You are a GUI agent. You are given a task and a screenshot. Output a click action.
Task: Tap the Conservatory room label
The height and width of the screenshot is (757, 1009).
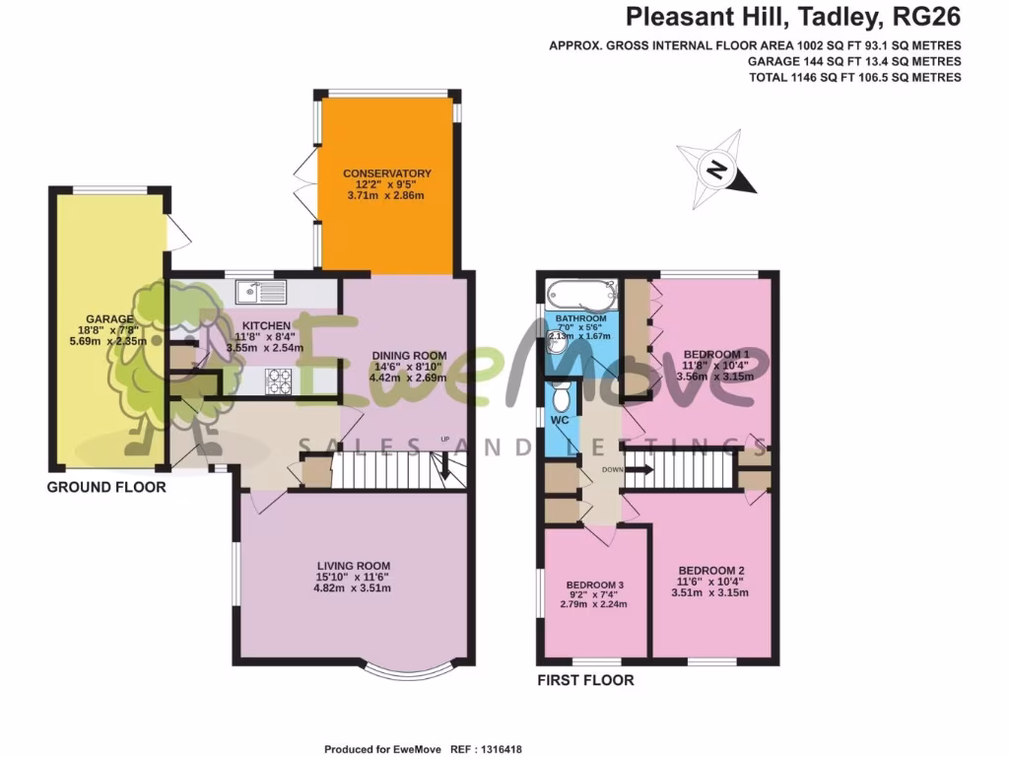click(387, 174)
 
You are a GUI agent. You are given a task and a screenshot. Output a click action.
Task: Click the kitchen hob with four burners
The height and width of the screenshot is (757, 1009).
click(279, 379)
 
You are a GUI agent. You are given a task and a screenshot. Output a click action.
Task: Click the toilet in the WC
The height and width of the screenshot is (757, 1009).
click(561, 397)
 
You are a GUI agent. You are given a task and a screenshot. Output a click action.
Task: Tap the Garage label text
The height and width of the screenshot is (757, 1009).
click(109, 319)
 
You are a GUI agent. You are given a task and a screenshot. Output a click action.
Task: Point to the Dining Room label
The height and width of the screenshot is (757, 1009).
click(409, 356)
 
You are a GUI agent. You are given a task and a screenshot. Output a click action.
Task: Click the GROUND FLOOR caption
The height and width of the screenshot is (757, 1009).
click(106, 488)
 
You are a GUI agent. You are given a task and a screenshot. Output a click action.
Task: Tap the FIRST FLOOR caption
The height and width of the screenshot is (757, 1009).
click(585, 680)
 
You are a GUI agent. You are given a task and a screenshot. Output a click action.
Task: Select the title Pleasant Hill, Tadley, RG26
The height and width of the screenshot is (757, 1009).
click(794, 17)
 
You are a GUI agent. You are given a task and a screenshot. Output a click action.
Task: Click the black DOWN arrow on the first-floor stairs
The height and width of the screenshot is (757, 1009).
click(639, 470)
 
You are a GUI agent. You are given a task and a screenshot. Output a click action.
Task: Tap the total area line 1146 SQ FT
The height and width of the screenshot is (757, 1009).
click(855, 77)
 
